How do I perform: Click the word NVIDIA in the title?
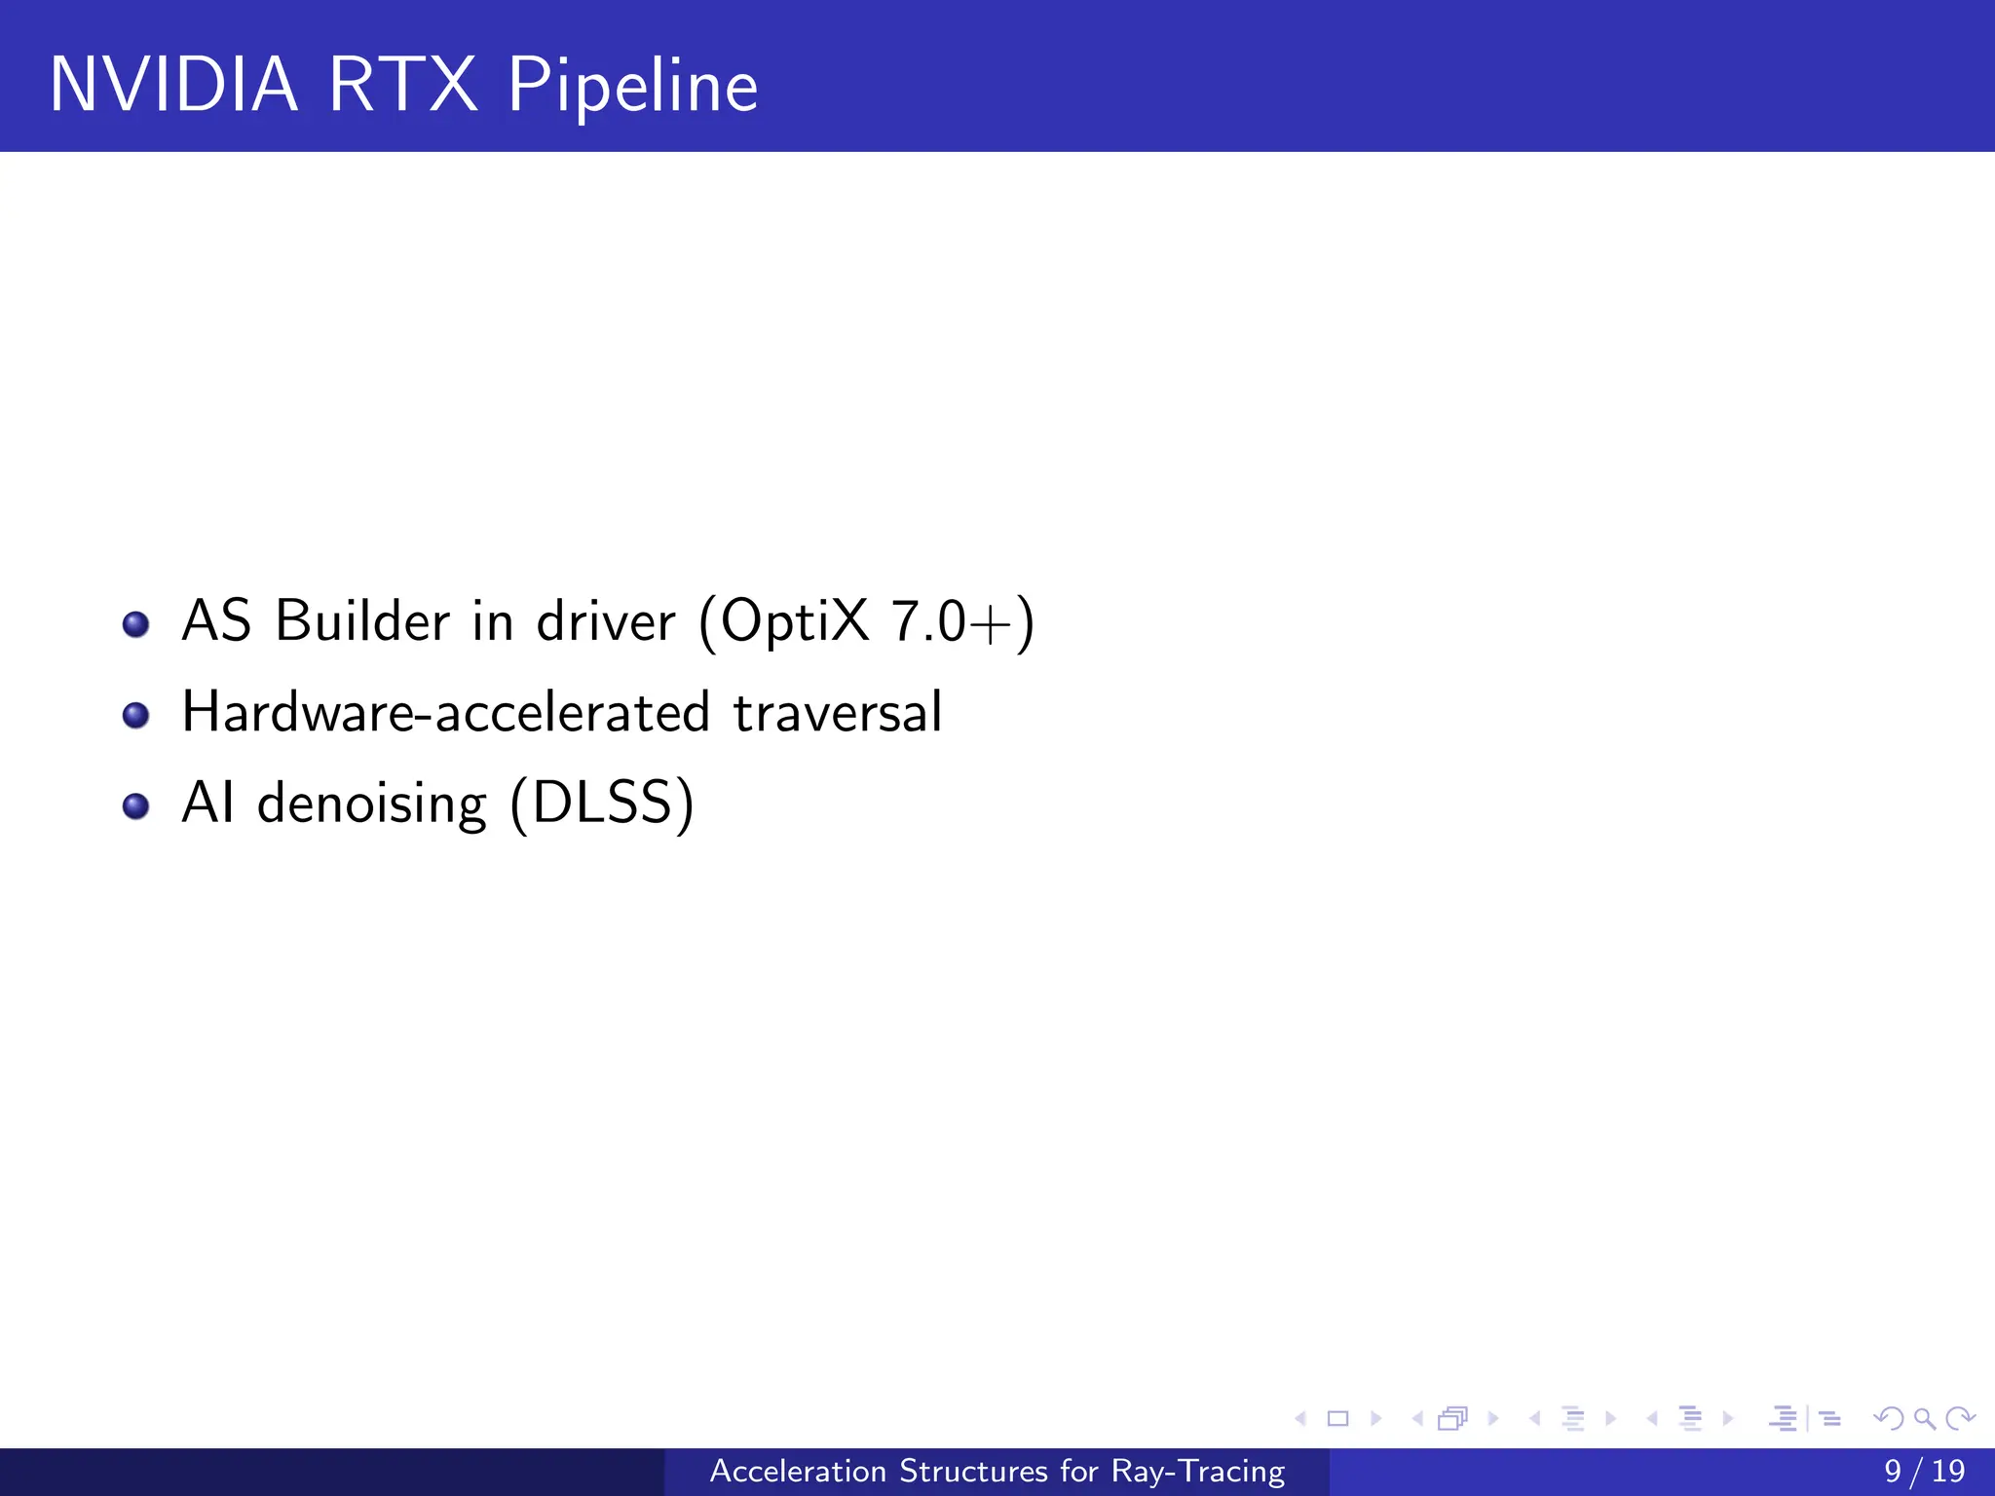[173, 86]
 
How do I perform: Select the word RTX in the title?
[402, 86]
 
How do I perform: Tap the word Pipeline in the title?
[632, 86]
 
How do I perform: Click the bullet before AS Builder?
[136, 623]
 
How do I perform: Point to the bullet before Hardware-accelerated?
[136, 716]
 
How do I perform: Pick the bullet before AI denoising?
[136, 806]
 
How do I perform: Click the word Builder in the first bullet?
[362, 620]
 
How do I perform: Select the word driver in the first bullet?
[605, 620]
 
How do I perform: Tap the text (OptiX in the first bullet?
[784, 620]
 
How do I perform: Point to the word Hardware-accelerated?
[445, 712]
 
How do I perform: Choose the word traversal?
[837, 712]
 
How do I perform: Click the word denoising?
[371, 804]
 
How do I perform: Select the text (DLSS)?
[602, 804]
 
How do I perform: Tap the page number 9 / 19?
[1924, 1471]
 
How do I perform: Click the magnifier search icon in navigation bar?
[1924, 1419]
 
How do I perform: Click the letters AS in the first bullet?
[216, 620]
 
